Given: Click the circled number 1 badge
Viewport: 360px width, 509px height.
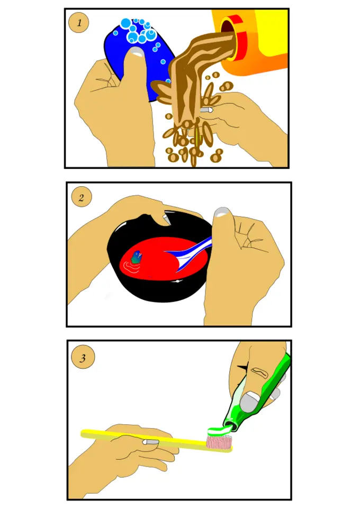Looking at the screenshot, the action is coord(79,23).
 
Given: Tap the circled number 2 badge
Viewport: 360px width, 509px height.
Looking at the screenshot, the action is coord(81,197).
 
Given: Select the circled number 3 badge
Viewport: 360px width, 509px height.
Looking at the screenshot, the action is coord(83,357).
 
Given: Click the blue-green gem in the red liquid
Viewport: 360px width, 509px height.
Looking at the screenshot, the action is coord(137,257).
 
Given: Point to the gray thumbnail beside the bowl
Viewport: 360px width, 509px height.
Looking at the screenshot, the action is coord(222,212).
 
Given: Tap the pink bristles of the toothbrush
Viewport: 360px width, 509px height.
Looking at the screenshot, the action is coord(219,441).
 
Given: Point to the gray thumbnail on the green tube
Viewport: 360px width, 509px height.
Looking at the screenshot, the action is coord(249,402).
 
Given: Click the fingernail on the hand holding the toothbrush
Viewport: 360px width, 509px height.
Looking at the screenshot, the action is coord(150,442).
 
